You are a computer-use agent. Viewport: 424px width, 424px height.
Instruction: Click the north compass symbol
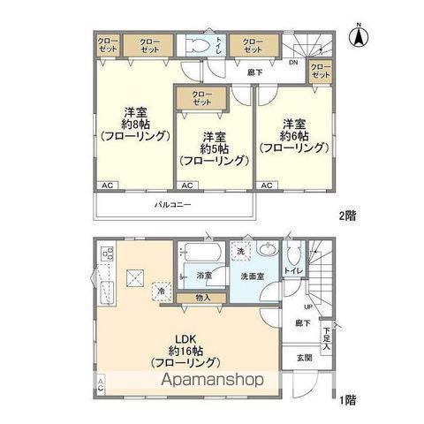(x=360, y=36)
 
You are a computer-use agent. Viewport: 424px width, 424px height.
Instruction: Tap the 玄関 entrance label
(x=304, y=358)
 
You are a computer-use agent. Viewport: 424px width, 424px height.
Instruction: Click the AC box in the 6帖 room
(x=266, y=185)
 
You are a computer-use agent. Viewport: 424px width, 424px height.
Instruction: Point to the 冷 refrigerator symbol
(x=162, y=288)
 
